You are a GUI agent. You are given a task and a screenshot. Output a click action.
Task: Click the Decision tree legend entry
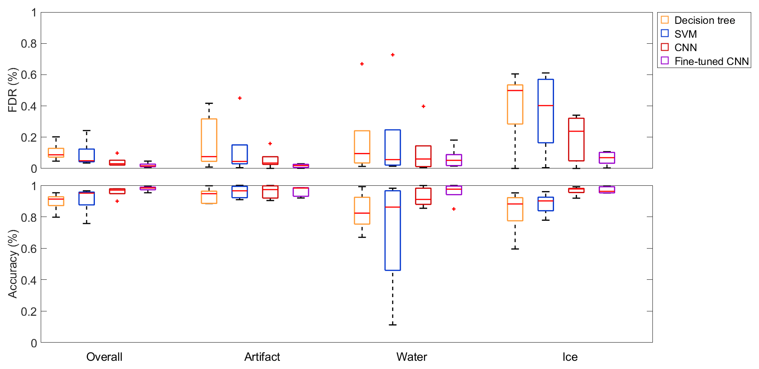(704, 20)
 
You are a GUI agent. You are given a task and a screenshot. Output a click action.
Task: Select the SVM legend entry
(685, 34)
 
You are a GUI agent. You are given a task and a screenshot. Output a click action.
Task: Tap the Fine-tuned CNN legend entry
(711, 61)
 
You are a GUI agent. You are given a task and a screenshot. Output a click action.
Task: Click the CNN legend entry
(685, 48)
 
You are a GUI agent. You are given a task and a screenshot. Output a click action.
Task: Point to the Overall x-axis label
(104, 357)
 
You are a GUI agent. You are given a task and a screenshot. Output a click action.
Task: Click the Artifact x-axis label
(262, 357)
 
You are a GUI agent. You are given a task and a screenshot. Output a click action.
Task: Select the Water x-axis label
(412, 357)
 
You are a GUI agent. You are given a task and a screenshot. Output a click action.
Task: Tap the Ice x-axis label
(570, 357)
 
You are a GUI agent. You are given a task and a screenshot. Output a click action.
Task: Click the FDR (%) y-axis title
(13, 90)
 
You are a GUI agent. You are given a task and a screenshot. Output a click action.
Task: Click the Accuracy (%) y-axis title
(13, 264)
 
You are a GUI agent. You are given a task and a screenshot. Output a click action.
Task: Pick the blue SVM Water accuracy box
(392, 230)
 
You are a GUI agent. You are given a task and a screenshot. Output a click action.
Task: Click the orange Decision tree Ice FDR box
(515, 104)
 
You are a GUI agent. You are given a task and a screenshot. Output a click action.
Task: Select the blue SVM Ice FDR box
(545, 111)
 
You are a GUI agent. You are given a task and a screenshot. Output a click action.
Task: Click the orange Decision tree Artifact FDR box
(209, 140)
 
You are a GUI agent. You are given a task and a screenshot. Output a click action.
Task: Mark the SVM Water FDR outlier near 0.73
(392, 55)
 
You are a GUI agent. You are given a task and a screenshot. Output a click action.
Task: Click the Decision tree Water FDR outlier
(362, 64)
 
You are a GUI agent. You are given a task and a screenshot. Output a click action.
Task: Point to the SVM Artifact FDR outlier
(240, 98)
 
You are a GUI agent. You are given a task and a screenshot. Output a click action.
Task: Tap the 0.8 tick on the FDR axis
(29, 44)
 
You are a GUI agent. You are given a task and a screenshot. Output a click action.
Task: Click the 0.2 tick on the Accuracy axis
(29, 311)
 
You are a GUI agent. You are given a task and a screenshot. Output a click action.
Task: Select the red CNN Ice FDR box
(576, 139)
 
